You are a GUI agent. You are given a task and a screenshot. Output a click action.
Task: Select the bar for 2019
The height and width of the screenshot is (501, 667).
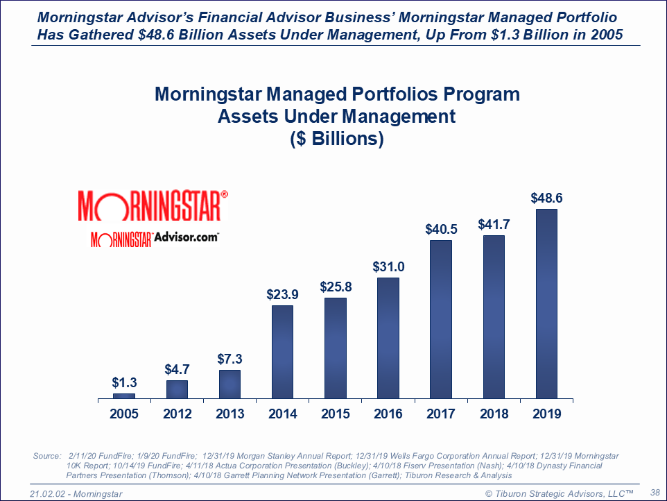click(547, 304)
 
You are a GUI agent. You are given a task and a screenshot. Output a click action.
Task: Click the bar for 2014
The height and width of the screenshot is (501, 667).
click(282, 352)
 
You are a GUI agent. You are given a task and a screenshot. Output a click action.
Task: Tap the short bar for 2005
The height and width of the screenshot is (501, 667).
click(124, 396)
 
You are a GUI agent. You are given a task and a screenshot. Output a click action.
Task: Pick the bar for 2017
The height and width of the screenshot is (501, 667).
click(441, 319)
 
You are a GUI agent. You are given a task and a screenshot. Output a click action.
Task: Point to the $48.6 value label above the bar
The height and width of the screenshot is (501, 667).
click(546, 198)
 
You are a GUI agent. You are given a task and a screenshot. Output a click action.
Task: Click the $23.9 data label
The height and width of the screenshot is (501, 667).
click(282, 294)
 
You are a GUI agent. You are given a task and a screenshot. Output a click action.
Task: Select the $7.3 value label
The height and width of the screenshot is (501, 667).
click(229, 359)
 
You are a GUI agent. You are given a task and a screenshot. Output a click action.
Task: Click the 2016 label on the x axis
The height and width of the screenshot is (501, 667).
click(388, 414)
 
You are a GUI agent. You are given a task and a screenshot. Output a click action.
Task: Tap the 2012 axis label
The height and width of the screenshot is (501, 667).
click(177, 414)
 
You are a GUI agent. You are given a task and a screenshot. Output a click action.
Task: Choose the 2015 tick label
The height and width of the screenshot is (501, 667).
click(336, 414)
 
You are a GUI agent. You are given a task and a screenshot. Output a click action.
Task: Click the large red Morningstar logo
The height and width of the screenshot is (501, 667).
click(153, 206)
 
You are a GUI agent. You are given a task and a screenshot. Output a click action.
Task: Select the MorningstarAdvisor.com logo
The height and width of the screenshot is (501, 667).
click(155, 238)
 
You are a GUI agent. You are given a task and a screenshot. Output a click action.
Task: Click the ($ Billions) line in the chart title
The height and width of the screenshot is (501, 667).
click(336, 138)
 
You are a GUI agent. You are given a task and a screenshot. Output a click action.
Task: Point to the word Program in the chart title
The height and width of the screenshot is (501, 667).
click(476, 94)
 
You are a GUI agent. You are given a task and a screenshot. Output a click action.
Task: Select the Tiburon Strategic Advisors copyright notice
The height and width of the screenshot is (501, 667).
click(560, 492)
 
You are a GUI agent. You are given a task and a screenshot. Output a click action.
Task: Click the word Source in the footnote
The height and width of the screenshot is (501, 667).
click(46, 456)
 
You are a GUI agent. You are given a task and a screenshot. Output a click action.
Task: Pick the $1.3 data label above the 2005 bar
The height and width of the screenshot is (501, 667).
click(124, 382)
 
